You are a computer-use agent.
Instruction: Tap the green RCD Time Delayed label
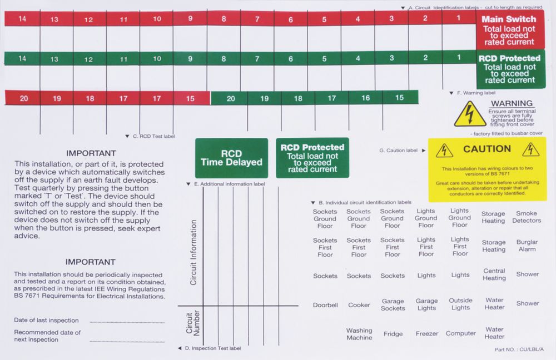coord(231,158)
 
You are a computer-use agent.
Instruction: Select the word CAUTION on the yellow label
coord(487,149)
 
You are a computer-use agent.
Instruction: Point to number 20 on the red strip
coord(24,98)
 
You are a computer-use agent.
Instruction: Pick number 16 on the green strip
coord(365,98)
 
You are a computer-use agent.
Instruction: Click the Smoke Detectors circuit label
coord(526,217)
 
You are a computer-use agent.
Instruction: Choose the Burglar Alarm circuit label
coord(526,246)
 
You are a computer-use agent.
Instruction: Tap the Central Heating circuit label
coord(494,274)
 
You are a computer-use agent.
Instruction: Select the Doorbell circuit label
coord(325,304)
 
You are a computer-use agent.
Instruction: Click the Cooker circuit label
coord(359,304)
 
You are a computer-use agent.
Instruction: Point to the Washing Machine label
coord(359,334)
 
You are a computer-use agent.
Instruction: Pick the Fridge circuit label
coord(393,334)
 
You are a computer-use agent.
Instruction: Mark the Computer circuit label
coord(460,333)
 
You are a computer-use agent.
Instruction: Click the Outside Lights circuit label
coord(460,304)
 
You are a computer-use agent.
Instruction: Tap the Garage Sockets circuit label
coord(393,304)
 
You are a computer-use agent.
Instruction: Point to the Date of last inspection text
coord(46,320)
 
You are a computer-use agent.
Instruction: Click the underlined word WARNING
coord(512,103)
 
